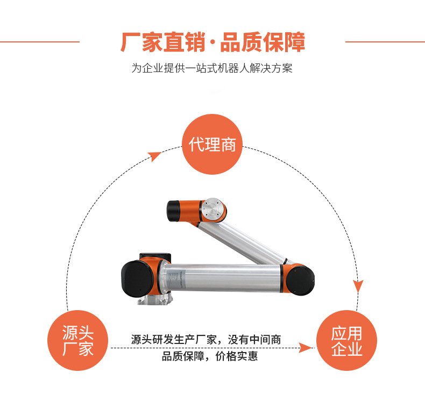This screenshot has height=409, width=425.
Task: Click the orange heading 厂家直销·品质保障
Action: (x=213, y=42)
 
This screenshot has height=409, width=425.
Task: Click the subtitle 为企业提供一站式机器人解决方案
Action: (x=212, y=68)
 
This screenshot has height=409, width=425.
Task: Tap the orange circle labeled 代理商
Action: (x=211, y=144)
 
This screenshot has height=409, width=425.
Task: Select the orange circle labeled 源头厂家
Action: (x=78, y=340)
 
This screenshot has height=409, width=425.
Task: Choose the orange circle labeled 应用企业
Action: (x=346, y=340)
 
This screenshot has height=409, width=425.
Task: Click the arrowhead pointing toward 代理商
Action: (x=154, y=156)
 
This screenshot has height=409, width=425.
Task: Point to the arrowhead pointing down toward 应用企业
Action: (x=358, y=286)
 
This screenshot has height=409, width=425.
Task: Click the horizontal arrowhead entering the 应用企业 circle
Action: (x=306, y=348)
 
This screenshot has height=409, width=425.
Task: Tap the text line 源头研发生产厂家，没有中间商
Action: (x=206, y=339)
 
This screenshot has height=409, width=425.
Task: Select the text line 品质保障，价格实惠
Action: (x=209, y=356)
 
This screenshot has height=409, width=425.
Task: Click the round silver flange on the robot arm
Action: (x=214, y=210)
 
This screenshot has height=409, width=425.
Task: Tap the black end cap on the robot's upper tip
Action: (x=173, y=211)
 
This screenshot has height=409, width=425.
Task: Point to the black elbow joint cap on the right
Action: (x=301, y=280)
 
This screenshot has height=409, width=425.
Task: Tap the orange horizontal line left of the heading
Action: (x=40, y=42)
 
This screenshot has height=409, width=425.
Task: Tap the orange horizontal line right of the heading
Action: (x=385, y=42)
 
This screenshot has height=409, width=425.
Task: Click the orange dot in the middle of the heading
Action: (x=213, y=42)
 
